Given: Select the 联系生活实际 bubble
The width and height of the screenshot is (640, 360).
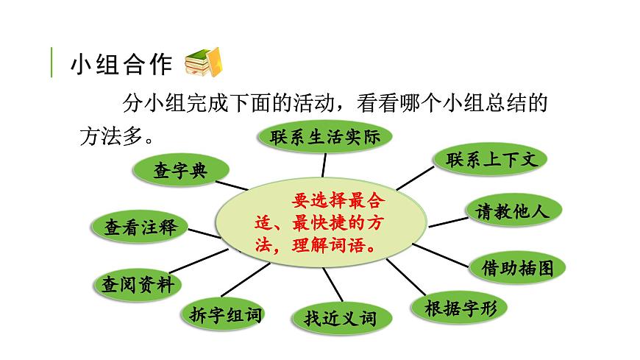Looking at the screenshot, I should [x=324, y=137].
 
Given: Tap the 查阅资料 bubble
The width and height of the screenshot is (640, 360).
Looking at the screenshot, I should [x=138, y=284].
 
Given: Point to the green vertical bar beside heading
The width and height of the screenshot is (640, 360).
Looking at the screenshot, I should [x=51, y=63].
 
